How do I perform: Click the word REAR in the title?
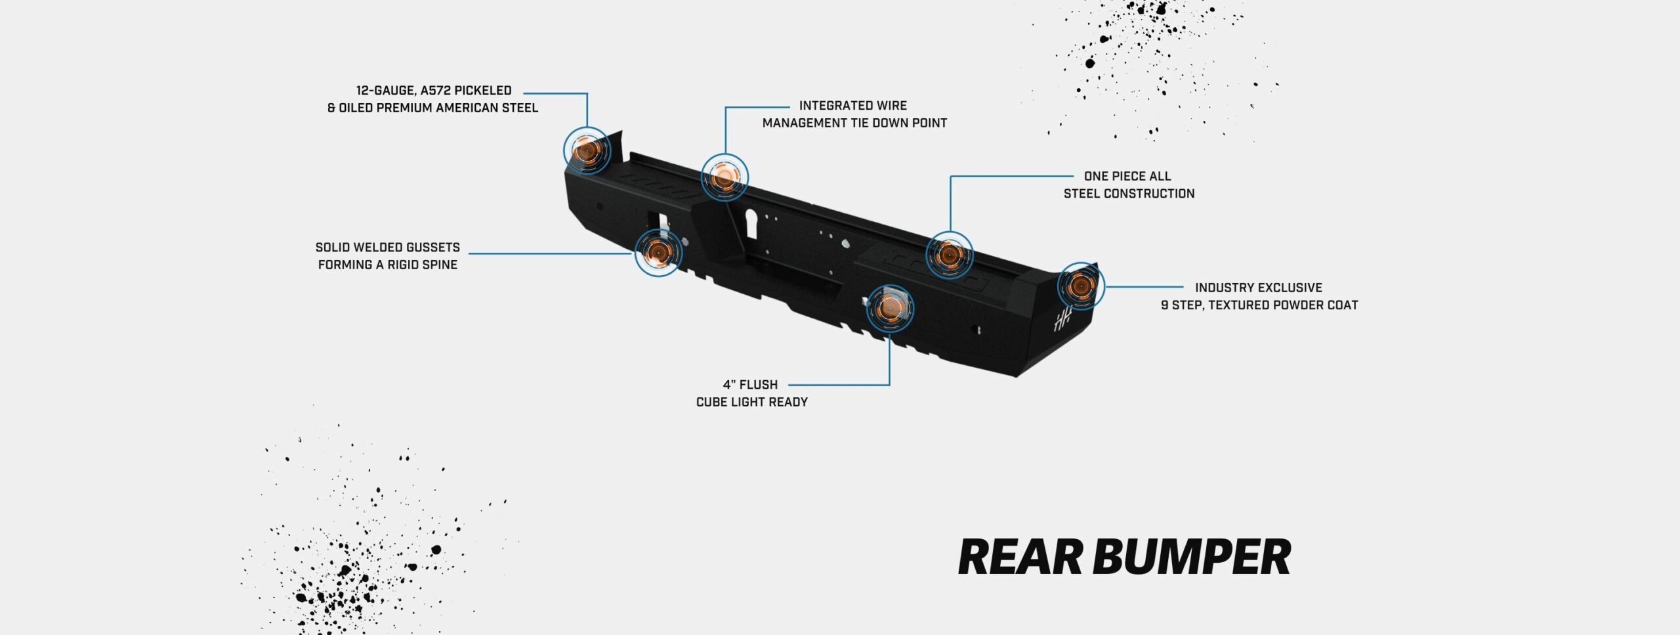(1019, 557)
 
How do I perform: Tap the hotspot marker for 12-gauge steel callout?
(587, 150)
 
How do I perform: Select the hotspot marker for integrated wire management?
(724, 176)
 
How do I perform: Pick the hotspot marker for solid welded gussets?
(658, 252)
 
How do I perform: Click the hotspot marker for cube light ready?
(890, 308)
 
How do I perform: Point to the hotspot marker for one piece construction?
(949, 255)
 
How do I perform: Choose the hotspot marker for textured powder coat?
(1080, 286)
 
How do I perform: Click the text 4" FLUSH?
(750, 385)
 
